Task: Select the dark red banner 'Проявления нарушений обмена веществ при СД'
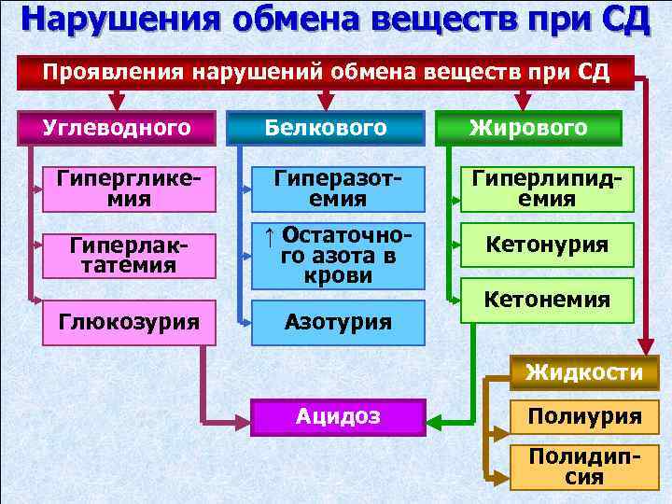327,73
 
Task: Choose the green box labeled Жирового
529,128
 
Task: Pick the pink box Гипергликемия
130,187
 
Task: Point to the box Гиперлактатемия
130,255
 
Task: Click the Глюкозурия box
130,322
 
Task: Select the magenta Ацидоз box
339,416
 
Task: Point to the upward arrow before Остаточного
269,239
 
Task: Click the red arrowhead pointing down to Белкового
325,101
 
